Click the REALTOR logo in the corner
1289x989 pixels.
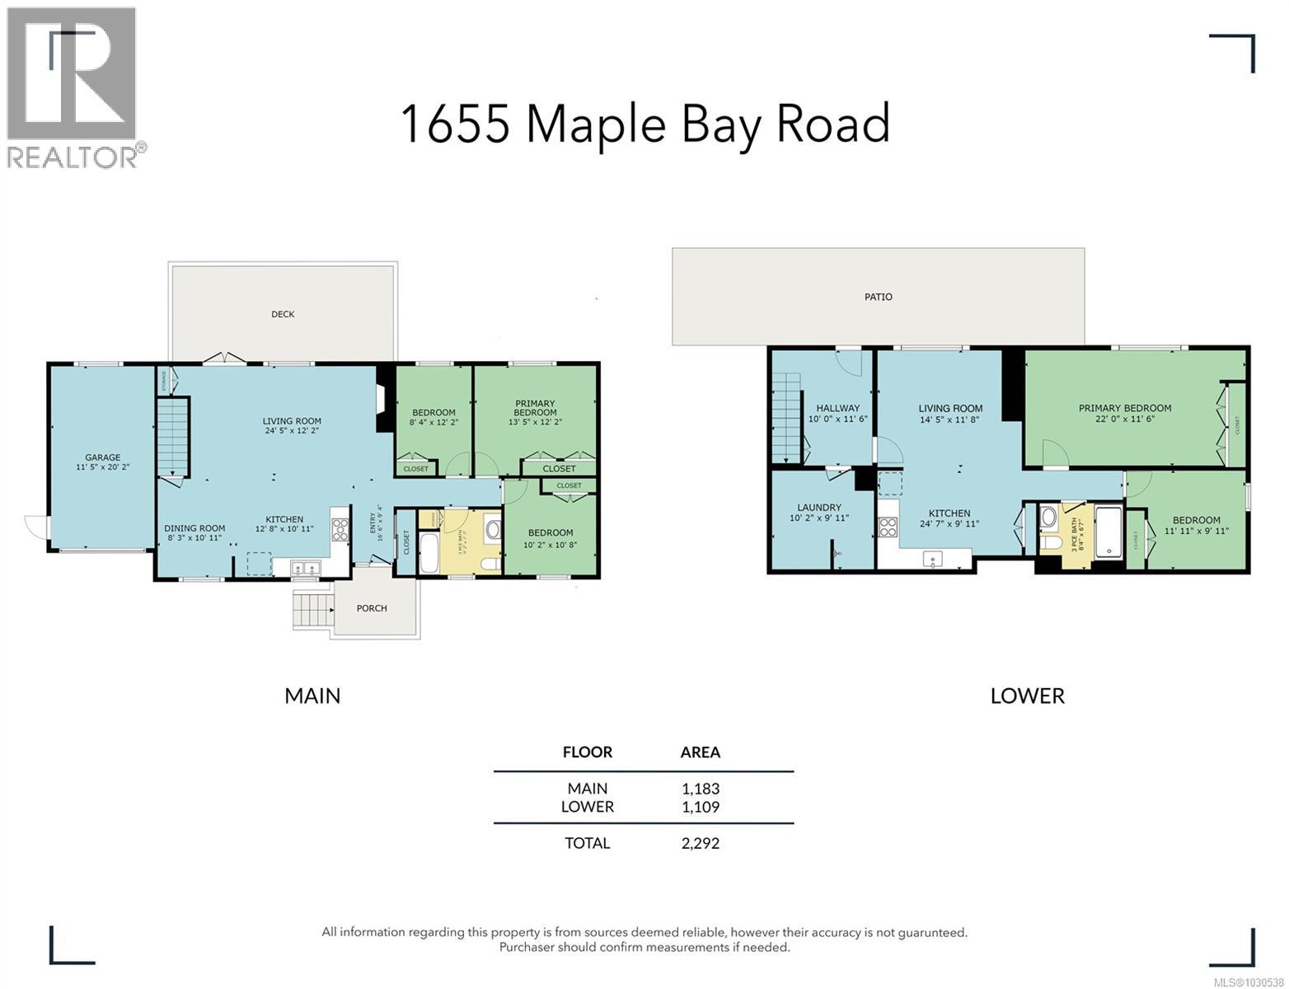click(x=73, y=87)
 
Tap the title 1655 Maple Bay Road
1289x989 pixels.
click(x=644, y=124)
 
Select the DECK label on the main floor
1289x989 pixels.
click(x=283, y=314)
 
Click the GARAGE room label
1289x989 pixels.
click(x=102, y=457)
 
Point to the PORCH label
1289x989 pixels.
click(x=372, y=608)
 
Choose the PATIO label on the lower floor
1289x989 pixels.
click(x=878, y=297)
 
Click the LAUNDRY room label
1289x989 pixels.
click(x=819, y=508)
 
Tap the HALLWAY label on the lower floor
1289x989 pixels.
click(x=837, y=408)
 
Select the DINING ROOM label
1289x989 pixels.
click(x=195, y=529)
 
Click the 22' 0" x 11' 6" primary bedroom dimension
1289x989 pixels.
click(x=1124, y=419)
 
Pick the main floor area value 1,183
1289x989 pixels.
click(x=701, y=789)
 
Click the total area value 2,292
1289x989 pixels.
click(x=700, y=843)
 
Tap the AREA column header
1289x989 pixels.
click(x=700, y=752)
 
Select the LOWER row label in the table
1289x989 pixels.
click(x=587, y=807)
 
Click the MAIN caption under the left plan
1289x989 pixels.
click(x=312, y=696)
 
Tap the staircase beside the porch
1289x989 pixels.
click(x=312, y=610)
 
